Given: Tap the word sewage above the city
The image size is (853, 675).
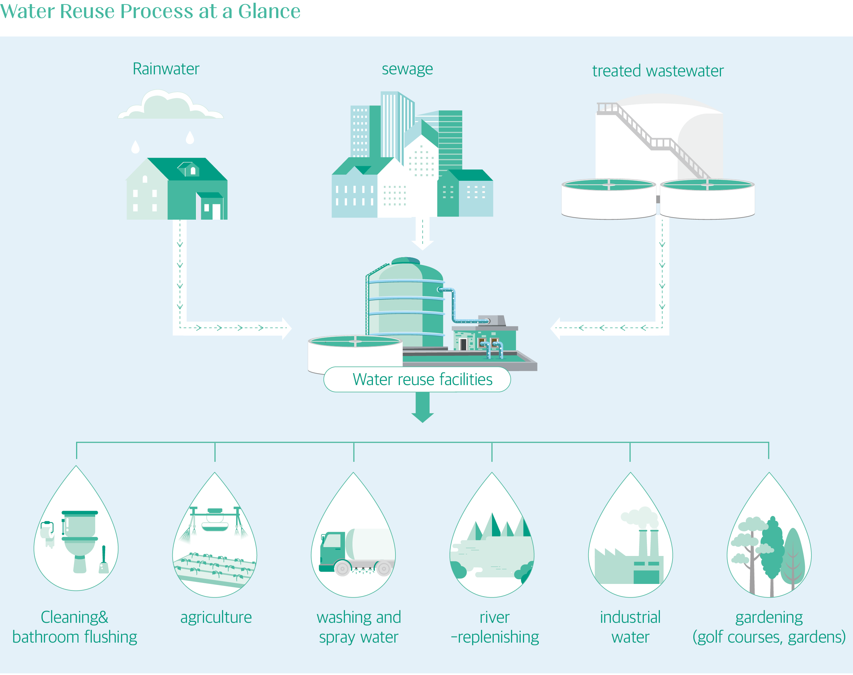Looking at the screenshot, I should point(407,69).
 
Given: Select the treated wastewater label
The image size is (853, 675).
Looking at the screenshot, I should point(657,71).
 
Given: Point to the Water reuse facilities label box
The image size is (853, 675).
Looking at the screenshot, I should point(417,379).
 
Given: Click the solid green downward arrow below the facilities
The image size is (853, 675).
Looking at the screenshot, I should point(422,409).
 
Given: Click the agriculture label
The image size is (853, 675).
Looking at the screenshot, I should point(216,617).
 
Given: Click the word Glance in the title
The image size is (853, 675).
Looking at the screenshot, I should point(269,11).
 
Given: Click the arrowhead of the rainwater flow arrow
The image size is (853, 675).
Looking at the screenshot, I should point(287,328).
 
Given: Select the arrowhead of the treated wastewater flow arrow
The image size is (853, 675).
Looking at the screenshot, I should point(556,328).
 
